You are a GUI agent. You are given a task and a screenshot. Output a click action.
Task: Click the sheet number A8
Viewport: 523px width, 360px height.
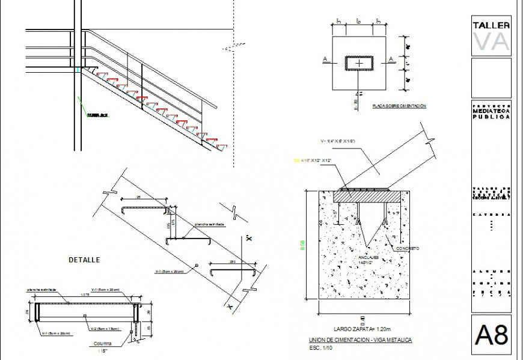coord(491,334)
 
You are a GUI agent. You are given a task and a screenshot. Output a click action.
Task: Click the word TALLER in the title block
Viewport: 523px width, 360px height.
coord(491,25)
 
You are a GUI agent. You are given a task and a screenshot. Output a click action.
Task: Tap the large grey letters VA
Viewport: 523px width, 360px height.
coord(491,41)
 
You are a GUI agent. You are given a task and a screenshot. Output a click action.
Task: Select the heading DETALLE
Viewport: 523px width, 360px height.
coord(84,260)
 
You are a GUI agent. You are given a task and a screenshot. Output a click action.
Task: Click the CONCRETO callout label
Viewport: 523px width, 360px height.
coord(407,248)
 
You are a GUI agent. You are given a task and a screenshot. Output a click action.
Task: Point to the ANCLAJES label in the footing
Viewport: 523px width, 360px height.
coord(367,257)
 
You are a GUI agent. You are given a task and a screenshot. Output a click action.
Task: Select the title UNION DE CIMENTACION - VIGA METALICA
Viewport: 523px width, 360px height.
coord(360,340)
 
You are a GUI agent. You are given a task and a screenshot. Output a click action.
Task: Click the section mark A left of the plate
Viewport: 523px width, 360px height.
coord(325,58)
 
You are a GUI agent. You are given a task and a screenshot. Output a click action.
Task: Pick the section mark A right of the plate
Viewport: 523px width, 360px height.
coord(391,58)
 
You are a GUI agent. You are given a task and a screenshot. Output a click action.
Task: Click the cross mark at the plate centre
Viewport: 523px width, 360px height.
coord(359,63)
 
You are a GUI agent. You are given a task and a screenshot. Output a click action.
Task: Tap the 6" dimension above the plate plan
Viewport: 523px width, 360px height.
coord(358,21)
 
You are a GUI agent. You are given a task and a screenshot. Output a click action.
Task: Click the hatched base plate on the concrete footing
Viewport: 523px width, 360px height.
coord(367,195)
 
